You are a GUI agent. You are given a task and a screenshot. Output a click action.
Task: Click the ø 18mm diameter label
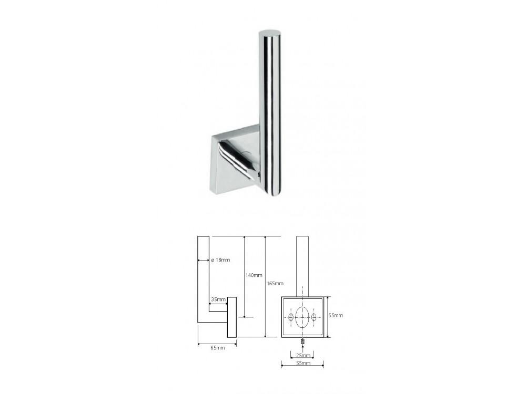pos(221,260)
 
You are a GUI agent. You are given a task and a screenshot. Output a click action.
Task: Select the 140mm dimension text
pos(254,275)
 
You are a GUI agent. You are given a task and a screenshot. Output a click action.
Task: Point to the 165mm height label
pos(275,284)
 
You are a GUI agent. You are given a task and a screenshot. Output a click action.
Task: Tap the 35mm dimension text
pos(218,299)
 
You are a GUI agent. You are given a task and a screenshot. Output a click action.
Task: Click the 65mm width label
pos(218,348)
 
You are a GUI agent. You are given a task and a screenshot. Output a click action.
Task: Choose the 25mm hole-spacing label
pos(303,356)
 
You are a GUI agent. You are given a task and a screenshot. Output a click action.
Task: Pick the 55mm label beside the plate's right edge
pos(336,315)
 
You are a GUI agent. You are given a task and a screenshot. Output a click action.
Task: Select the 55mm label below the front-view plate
pos(303,363)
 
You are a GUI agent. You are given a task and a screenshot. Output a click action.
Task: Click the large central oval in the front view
pos(302,317)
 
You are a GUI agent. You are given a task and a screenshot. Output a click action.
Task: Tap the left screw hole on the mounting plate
pos(291,317)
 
